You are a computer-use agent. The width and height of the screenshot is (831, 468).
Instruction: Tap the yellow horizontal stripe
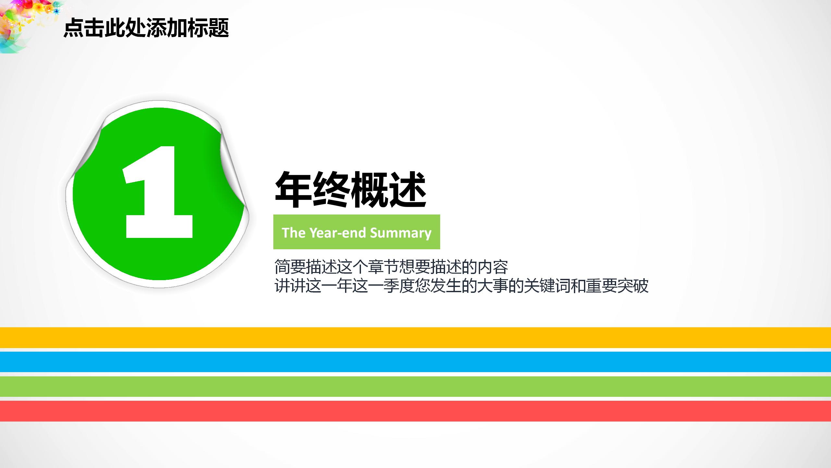(x=415, y=337)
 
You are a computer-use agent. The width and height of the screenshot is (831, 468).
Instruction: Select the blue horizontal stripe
(x=415, y=362)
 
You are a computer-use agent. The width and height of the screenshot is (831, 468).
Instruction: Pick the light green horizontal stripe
(x=415, y=386)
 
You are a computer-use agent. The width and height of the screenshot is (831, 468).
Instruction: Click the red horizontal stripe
(x=415, y=411)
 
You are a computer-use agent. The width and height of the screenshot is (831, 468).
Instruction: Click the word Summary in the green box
(x=401, y=233)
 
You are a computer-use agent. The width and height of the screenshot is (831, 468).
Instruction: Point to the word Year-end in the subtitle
(x=338, y=233)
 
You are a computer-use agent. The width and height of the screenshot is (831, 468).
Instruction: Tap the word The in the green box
(x=293, y=233)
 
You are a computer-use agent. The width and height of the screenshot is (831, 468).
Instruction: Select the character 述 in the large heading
(x=408, y=190)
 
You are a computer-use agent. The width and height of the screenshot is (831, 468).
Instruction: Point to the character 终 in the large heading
(x=331, y=190)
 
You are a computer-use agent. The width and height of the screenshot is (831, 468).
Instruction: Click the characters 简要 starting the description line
(x=290, y=267)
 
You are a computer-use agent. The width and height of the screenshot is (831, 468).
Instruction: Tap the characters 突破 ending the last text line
(x=633, y=286)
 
